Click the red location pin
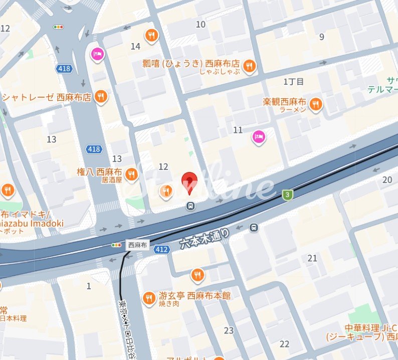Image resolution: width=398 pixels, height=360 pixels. pos(188,181)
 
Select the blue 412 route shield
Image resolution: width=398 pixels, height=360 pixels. pos(161,249)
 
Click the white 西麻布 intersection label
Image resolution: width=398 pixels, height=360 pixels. pos(137,245)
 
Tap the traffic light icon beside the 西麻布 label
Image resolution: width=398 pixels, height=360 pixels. pos(116,245)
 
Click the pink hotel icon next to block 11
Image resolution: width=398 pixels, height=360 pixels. pos(259,136)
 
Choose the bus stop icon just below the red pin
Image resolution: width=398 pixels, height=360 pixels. pos(190,206)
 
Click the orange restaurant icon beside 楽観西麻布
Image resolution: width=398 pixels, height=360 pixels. pos(316,104)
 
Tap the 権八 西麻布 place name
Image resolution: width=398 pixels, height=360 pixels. pos(100,170)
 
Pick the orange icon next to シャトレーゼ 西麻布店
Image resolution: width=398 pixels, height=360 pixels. pos(101,97)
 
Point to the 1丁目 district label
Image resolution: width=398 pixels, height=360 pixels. pos(294,81)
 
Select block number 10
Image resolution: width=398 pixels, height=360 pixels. pos(201,24)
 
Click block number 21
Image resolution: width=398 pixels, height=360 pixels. pos(313,258)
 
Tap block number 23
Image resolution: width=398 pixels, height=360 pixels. pos(229,330)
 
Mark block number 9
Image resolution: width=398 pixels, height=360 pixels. pos(322,37)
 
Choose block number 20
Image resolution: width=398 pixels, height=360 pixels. pos(387,180)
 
